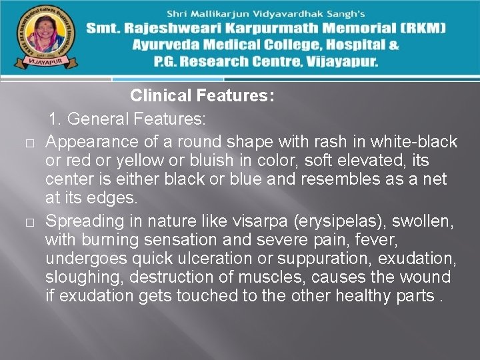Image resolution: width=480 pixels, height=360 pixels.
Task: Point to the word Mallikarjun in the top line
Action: (x=233, y=13)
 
